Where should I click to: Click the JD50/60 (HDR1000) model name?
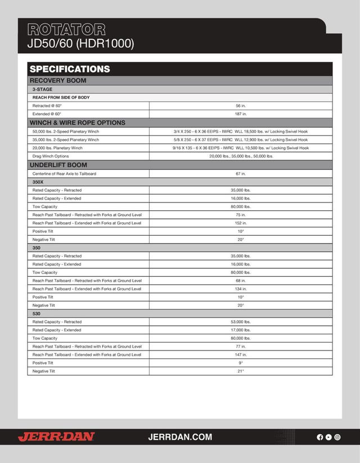tap(80, 43)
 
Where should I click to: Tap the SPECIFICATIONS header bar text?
tap(69, 69)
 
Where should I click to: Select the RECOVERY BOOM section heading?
tap(58, 80)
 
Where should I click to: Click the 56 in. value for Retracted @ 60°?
tap(241, 105)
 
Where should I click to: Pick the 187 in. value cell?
tap(241, 114)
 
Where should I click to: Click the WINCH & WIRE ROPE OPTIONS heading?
tap(77, 123)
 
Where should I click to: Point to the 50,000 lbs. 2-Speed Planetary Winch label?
tap(66, 131)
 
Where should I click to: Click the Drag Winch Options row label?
tap(51, 156)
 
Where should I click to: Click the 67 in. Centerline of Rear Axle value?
tap(241, 174)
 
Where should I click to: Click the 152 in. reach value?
tap(241, 223)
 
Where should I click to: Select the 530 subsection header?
tap(37, 313)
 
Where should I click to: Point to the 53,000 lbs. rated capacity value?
tap(241, 322)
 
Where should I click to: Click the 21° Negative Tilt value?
tap(241, 371)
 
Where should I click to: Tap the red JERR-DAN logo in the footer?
tap(56, 437)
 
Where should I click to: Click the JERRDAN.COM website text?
tap(180, 437)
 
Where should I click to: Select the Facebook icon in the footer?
tap(320, 437)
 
